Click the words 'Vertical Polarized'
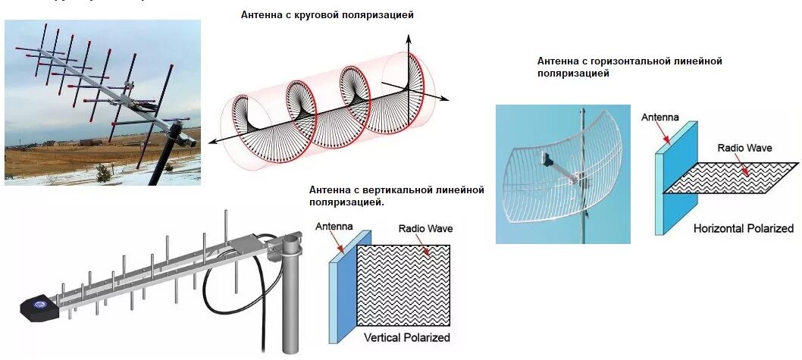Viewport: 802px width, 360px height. pos(406,337)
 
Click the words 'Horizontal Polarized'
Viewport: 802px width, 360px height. pos(743,228)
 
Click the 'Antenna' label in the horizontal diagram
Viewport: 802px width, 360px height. pos(659,117)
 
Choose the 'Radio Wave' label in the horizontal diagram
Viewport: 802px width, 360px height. pos(744,148)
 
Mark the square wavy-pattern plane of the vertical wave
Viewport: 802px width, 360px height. pos(406,284)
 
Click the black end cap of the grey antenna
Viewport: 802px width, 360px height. pos(39,307)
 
